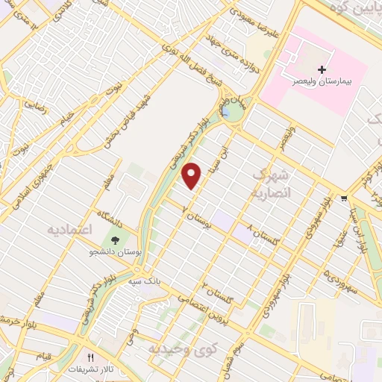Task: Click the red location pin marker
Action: click(193, 175)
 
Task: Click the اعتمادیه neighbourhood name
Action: click(69, 227)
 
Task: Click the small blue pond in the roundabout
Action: click(225, 113)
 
